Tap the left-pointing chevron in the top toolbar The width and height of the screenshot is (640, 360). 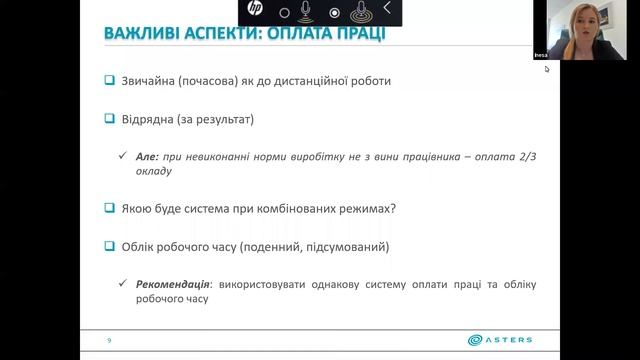tap(387, 10)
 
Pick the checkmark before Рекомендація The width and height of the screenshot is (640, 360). tap(121, 285)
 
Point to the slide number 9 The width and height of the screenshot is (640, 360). tap(109, 341)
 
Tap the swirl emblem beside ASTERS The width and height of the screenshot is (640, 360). tap(472, 340)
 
